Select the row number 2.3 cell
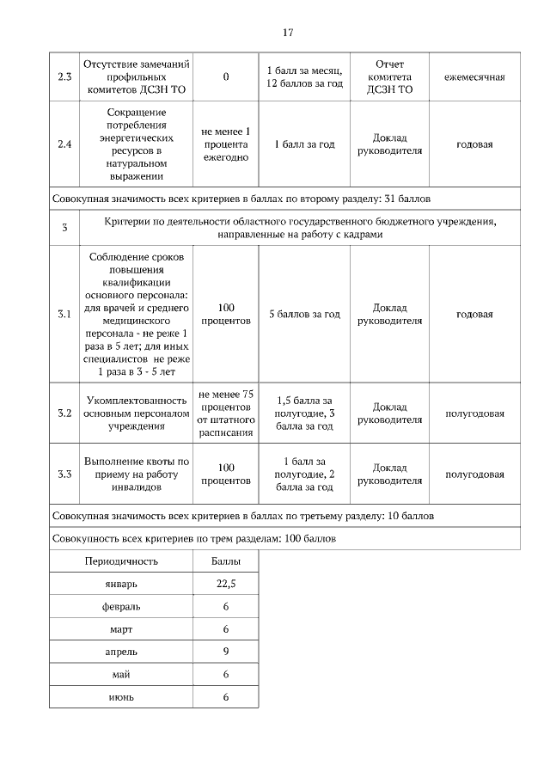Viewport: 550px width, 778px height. pos(64,77)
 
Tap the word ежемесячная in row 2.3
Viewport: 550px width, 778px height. pos(474,77)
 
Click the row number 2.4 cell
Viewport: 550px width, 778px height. pos(64,144)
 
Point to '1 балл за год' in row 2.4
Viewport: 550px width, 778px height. pos(304,144)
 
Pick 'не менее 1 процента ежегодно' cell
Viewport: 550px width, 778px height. pos(226,144)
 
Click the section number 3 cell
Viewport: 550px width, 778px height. pos(64,228)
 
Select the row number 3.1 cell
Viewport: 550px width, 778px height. pos(64,314)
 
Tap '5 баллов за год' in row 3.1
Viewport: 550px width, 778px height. pos(304,314)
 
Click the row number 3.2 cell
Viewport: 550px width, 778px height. pos(64,413)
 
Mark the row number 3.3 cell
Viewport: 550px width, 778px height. pos(64,474)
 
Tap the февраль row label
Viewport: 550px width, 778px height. pos(121,606)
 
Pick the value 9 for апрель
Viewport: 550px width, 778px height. pos(226,651)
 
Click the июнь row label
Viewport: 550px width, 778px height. pos(121,695)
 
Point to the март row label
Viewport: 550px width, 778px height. pos(121,628)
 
